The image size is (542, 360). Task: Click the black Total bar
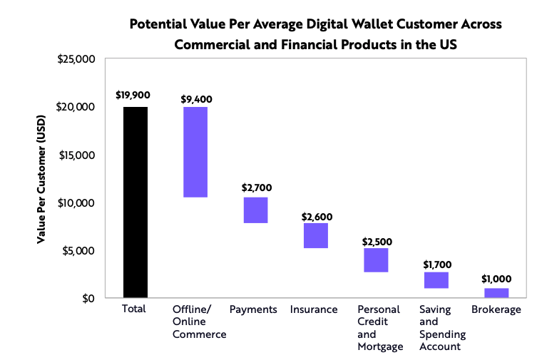135,202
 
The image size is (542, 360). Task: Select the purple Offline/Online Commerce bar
195,151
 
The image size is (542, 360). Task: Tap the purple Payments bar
255,210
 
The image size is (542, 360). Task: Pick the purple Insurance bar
316,235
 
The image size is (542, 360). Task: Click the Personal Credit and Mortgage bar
376,259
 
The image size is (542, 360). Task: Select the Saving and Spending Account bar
436,279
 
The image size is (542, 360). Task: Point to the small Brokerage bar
496,292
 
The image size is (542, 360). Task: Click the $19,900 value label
135,95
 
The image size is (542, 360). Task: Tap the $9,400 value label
195,98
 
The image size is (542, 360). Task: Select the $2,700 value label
255,188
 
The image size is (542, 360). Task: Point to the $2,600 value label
316,216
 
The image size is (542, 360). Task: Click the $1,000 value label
496,279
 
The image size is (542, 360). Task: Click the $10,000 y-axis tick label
78,202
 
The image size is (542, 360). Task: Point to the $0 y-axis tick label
87,298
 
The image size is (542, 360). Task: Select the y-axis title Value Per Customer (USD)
41,178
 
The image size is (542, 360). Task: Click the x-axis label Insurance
314,309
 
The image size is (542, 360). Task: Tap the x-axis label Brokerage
496,309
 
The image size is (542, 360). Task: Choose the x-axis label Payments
253,309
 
